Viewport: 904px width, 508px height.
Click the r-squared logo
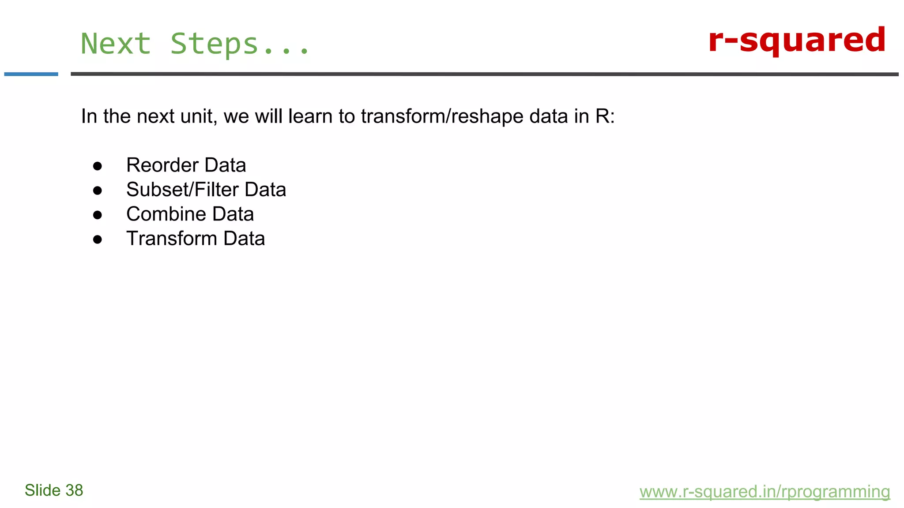[x=797, y=41]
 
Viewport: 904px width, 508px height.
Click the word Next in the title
[x=116, y=44]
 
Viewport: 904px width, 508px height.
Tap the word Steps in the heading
[x=214, y=45]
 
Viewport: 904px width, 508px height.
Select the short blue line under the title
[x=31, y=74]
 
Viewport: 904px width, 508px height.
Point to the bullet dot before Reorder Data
[x=98, y=166]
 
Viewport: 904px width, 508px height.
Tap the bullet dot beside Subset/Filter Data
[x=98, y=190]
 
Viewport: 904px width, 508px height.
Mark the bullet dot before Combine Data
[x=98, y=215]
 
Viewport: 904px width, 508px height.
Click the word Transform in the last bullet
[x=172, y=239]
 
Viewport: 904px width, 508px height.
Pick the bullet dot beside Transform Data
[x=98, y=239]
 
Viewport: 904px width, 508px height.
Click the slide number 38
[x=74, y=490]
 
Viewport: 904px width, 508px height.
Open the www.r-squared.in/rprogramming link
[x=765, y=492]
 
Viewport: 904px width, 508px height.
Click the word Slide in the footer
[x=42, y=490]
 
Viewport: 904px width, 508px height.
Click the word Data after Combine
[x=233, y=214]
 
